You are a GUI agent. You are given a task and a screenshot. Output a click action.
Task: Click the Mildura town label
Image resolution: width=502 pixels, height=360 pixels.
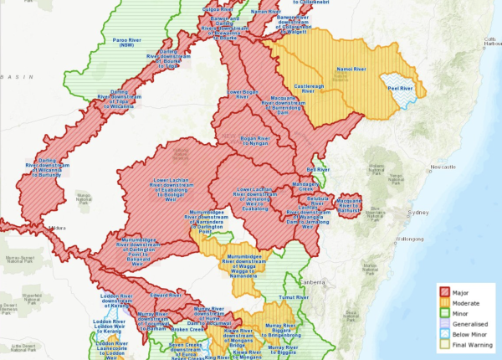coord(56,227)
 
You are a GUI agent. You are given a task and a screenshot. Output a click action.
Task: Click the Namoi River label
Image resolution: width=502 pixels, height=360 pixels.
coord(350,69)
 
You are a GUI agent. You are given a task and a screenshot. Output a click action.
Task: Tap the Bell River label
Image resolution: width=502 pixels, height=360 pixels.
coord(319,169)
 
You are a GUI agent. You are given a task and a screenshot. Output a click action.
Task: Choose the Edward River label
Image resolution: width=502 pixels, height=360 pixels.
coord(164,295)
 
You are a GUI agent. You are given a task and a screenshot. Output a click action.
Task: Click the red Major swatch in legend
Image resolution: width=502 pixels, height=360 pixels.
coord(438,292)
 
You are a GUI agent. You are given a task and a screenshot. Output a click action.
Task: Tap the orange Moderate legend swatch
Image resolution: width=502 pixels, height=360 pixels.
coord(438,301)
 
